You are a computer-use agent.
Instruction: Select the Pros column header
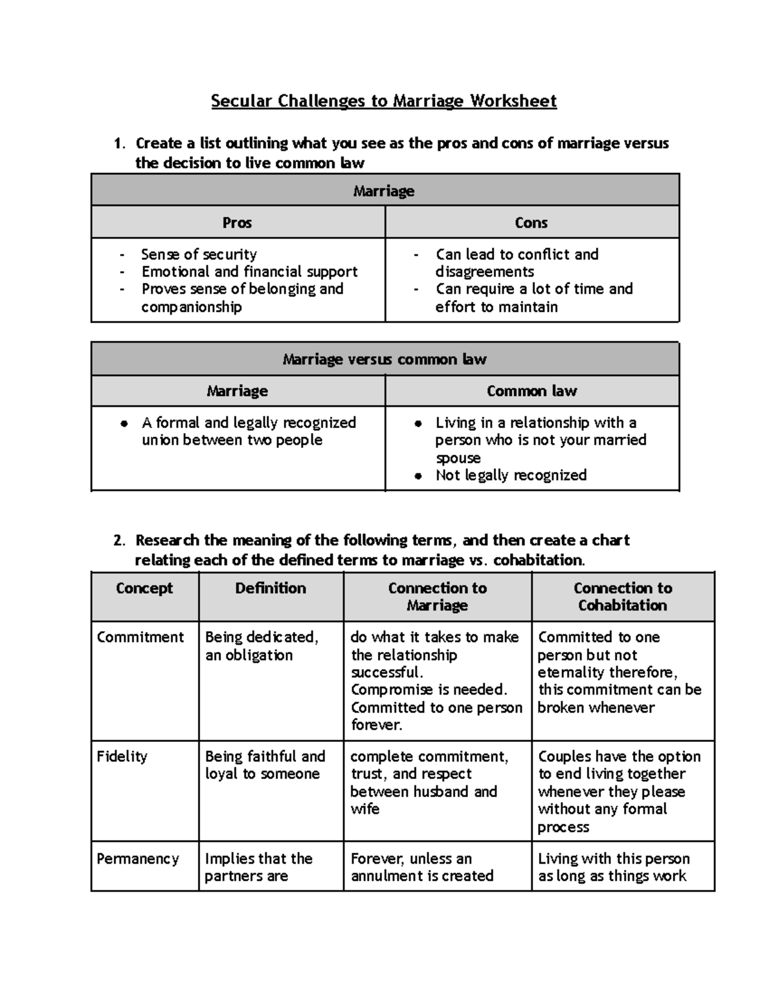point(237,222)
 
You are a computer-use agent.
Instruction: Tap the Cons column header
point(531,222)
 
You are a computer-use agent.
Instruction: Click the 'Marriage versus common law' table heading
point(384,359)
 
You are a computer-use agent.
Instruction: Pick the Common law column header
point(531,391)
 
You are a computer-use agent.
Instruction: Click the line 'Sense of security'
point(199,254)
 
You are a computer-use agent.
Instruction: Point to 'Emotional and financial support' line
point(249,272)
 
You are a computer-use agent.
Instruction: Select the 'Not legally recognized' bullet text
point(511,475)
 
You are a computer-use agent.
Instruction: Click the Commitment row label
point(140,637)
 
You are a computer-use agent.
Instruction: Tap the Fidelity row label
point(122,757)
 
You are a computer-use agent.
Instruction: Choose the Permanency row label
point(138,859)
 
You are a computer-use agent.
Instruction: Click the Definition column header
point(270,588)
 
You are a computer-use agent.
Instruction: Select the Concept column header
point(144,588)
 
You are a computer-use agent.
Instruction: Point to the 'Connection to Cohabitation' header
point(622,596)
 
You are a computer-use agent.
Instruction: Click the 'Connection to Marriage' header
point(437,596)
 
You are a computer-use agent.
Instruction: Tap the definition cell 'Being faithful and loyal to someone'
point(265,765)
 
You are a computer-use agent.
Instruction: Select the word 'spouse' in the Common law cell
point(458,457)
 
